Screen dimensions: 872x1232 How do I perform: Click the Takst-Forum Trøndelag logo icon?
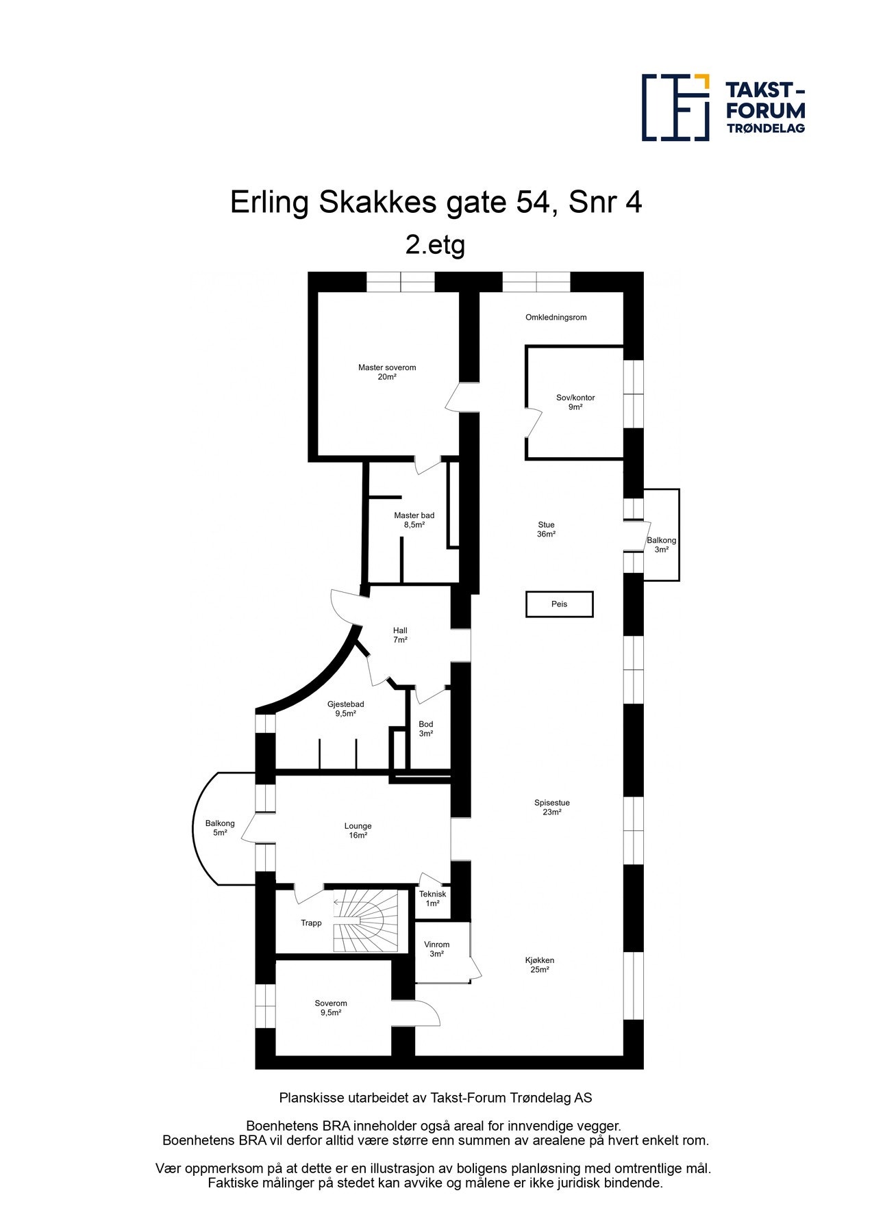pyautogui.click(x=675, y=107)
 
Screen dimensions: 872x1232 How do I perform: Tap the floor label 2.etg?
pyautogui.click(x=435, y=244)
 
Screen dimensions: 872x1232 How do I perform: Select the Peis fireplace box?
pyautogui.click(x=559, y=604)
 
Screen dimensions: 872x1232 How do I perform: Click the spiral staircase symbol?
pyautogui.click(x=365, y=921)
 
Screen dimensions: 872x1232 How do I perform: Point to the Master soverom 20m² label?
pyautogui.click(x=387, y=372)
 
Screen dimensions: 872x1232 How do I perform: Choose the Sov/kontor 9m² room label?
pyautogui.click(x=575, y=402)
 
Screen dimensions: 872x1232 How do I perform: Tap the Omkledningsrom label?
pyautogui.click(x=556, y=318)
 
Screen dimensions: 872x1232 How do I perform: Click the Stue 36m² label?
pyautogui.click(x=546, y=530)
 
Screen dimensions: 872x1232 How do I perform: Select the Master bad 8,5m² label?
pyautogui.click(x=414, y=520)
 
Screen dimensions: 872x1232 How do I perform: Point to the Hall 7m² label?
pyautogui.click(x=400, y=635)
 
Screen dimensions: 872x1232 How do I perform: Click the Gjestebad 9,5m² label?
pyautogui.click(x=345, y=709)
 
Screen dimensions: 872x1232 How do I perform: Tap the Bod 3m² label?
pyautogui.click(x=426, y=729)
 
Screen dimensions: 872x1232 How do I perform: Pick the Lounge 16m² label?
pyautogui.click(x=358, y=831)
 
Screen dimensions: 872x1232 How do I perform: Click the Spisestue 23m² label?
pyautogui.click(x=552, y=808)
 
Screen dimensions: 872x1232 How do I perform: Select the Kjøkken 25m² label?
pyautogui.click(x=540, y=965)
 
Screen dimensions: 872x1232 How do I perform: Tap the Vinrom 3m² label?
pyautogui.click(x=436, y=949)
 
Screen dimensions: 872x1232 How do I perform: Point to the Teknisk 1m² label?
pyautogui.click(x=432, y=899)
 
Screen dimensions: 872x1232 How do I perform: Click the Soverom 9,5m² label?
pyautogui.click(x=331, y=1008)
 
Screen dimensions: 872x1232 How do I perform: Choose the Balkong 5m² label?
pyautogui.click(x=220, y=828)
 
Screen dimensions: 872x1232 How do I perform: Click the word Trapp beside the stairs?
pyautogui.click(x=311, y=923)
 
